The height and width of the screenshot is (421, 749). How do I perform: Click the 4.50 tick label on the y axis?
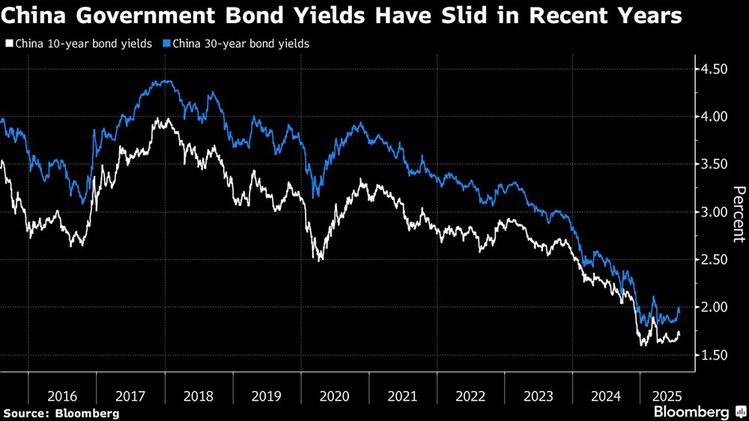coord(714,70)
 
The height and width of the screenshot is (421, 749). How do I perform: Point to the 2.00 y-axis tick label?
coord(714,308)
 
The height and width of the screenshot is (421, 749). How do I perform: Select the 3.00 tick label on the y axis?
coord(714,213)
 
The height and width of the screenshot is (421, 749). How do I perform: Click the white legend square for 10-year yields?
coord(8,44)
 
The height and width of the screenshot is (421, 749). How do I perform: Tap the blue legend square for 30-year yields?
coord(166,44)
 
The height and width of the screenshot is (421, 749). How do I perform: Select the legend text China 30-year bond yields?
coord(240,44)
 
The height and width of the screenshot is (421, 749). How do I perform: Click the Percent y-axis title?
coord(739,214)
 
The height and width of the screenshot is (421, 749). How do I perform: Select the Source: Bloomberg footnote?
coord(61,413)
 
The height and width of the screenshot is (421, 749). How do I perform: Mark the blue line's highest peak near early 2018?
coord(166,81)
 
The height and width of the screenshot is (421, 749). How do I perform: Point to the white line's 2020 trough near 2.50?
coord(321,259)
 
